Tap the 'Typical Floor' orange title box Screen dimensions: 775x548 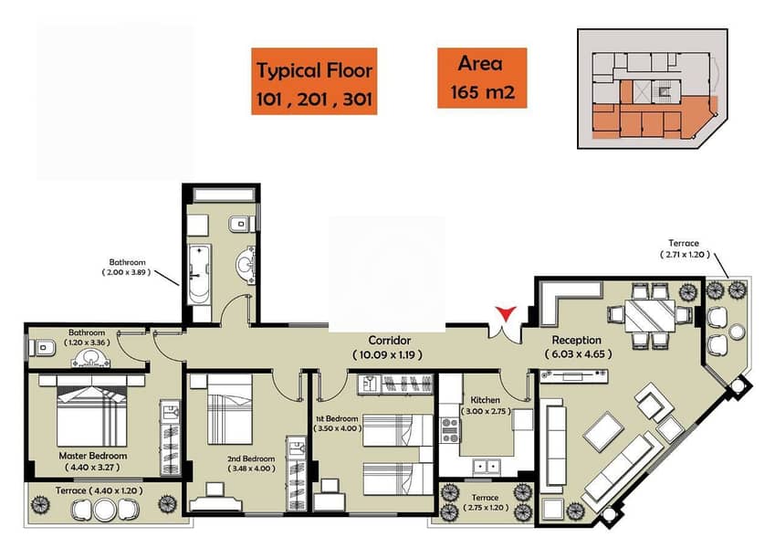pyautogui.click(x=314, y=81)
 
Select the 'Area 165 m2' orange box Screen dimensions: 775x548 pyautogui.click(x=482, y=78)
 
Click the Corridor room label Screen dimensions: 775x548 pyautogui.click(x=390, y=341)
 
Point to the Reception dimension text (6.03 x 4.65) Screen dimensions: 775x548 pyautogui.click(x=579, y=354)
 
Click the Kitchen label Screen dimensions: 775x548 pyautogui.click(x=485, y=400)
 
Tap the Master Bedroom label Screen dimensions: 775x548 pyautogui.click(x=93, y=456)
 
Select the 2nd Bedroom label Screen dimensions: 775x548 pyautogui.click(x=251, y=458)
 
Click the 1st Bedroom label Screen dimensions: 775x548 pyautogui.click(x=337, y=418)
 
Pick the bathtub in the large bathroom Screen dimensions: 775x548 pyautogui.click(x=199, y=274)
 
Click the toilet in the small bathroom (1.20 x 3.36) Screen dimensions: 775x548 pyautogui.click(x=41, y=348)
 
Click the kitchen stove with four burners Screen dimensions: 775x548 pyautogui.click(x=450, y=430)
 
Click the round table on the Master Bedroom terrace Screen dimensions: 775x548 pyautogui.click(x=105, y=510)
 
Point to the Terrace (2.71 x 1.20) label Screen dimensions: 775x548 pyautogui.click(x=685, y=248)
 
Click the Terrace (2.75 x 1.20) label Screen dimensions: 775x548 pyautogui.click(x=485, y=502)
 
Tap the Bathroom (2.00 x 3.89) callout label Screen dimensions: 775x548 pyautogui.click(x=127, y=267)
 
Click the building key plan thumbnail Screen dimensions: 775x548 pyautogui.click(x=653, y=89)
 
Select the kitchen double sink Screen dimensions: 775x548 pyautogui.click(x=487, y=466)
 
